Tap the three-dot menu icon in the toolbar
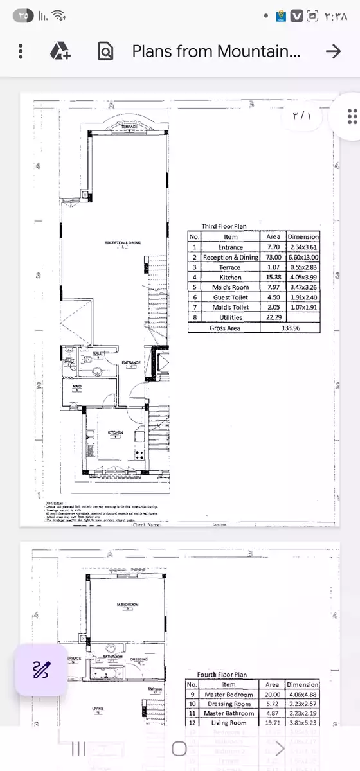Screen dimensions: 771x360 [21, 51]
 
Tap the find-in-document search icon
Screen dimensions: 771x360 [105, 51]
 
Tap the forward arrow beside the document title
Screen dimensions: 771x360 [333, 51]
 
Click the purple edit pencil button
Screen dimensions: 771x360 [41, 669]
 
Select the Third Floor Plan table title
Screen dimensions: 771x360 [224, 226]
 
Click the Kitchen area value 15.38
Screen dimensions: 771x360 [273, 278]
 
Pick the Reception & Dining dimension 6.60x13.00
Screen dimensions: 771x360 [303, 257]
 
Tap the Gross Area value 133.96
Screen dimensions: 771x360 [290, 328]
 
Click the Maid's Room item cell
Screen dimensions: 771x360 [231, 287]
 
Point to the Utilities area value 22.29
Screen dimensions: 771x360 [273, 317]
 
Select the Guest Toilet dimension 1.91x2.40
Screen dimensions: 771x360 [303, 297]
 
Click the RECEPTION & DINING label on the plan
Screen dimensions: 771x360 [123, 243]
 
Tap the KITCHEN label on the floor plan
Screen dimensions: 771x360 [116, 432]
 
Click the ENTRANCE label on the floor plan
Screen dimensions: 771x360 [131, 363]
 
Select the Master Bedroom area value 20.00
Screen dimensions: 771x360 [273, 695]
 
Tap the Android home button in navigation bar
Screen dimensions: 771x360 [179, 749]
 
